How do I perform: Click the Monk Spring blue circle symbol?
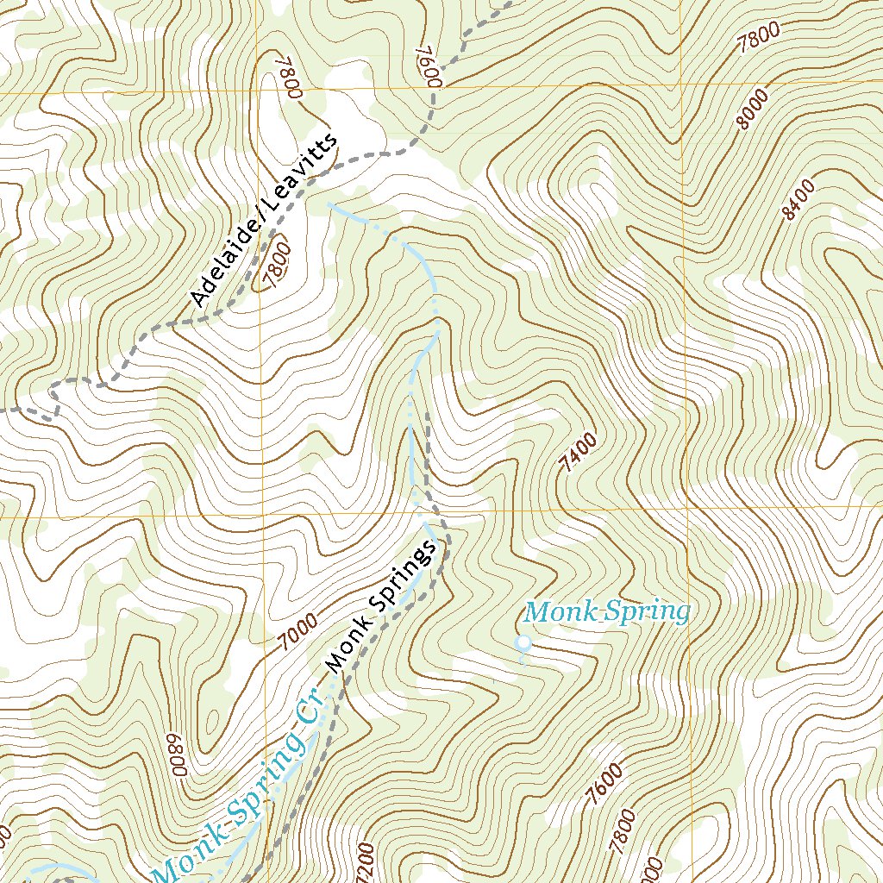click(x=522, y=642)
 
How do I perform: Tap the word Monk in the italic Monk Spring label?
click(x=550, y=612)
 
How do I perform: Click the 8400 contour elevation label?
click(x=799, y=199)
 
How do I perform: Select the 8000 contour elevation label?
click(x=753, y=111)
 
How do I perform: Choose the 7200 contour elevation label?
click(x=364, y=862)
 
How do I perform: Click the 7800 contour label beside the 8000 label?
click(x=760, y=38)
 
